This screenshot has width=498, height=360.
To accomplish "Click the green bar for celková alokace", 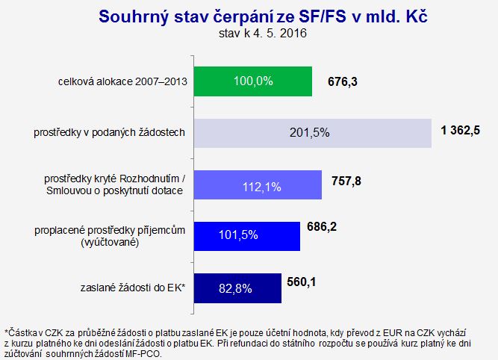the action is pyautogui.click(x=253, y=81).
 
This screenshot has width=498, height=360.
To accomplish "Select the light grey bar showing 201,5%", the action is pyautogui.click(x=313, y=133).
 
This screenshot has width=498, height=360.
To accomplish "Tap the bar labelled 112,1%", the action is pyautogui.click(x=258, y=185).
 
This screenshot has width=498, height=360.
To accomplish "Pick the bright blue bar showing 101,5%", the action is pyautogui.click(x=247, y=237).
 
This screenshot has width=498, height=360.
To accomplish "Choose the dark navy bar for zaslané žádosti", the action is pyautogui.click(x=237, y=288).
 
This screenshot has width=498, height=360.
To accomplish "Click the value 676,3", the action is pyautogui.click(x=343, y=82).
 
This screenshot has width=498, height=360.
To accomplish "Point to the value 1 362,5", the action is pyautogui.click(x=461, y=130).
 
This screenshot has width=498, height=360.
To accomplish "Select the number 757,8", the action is pyautogui.click(x=346, y=181).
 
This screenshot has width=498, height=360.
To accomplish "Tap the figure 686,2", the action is pyautogui.click(x=322, y=227).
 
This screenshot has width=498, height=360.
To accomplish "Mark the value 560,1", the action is pyautogui.click(x=302, y=282).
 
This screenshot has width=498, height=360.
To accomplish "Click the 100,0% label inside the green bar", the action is pyautogui.click(x=253, y=81).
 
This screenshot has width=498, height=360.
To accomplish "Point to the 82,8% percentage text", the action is pyautogui.click(x=235, y=288).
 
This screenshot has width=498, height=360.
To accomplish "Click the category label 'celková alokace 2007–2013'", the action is pyautogui.click(x=122, y=81).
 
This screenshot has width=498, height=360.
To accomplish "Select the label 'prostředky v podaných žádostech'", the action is pyautogui.click(x=109, y=132).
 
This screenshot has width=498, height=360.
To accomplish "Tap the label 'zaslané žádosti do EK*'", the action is pyautogui.click(x=133, y=288).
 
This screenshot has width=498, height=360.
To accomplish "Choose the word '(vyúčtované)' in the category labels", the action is pyautogui.click(x=110, y=243).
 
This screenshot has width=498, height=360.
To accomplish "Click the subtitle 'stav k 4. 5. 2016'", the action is pyautogui.click(x=263, y=34).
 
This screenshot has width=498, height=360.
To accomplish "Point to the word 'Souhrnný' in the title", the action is pyautogui.click(x=134, y=17).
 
